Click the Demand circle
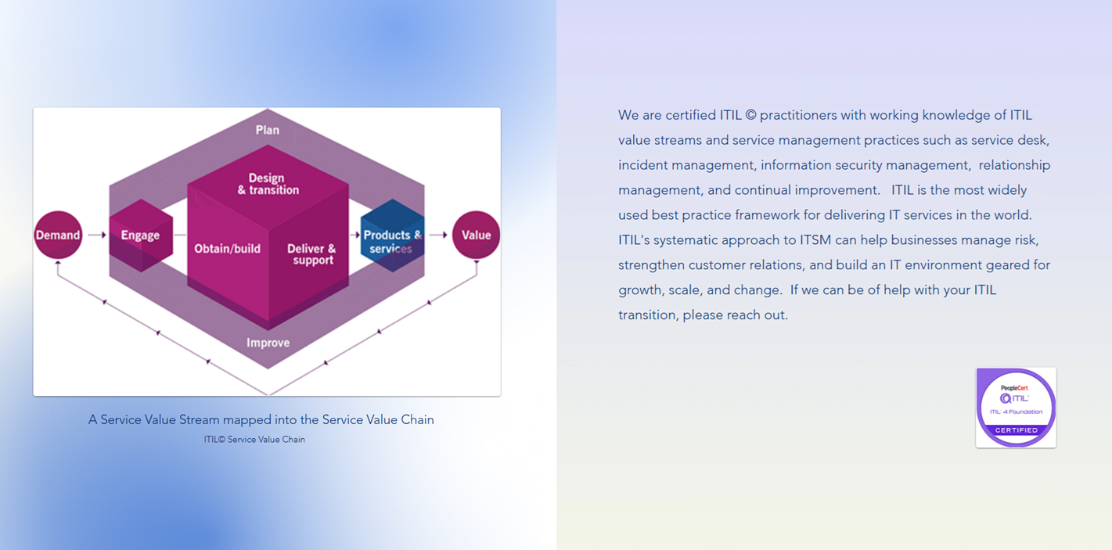click(x=58, y=235)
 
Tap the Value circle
click(x=476, y=235)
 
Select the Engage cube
click(x=141, y=235)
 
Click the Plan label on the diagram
click(x=268, y=130)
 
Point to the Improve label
click(x=268, y=343)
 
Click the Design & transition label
click(x=268, y=184)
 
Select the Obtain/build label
click(x=227, y=249)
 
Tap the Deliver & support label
click(x=311, y=254)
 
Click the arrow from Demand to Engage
click(x=96, y=235)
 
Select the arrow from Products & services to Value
click(x=438, y=235)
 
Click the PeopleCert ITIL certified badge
click(x=1016, y=407)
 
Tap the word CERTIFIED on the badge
click(x=1016, y=430)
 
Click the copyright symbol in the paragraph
click(x=750, y=116)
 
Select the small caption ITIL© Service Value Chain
click(x=254, y=440)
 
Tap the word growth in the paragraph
click(x=639, y=290)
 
